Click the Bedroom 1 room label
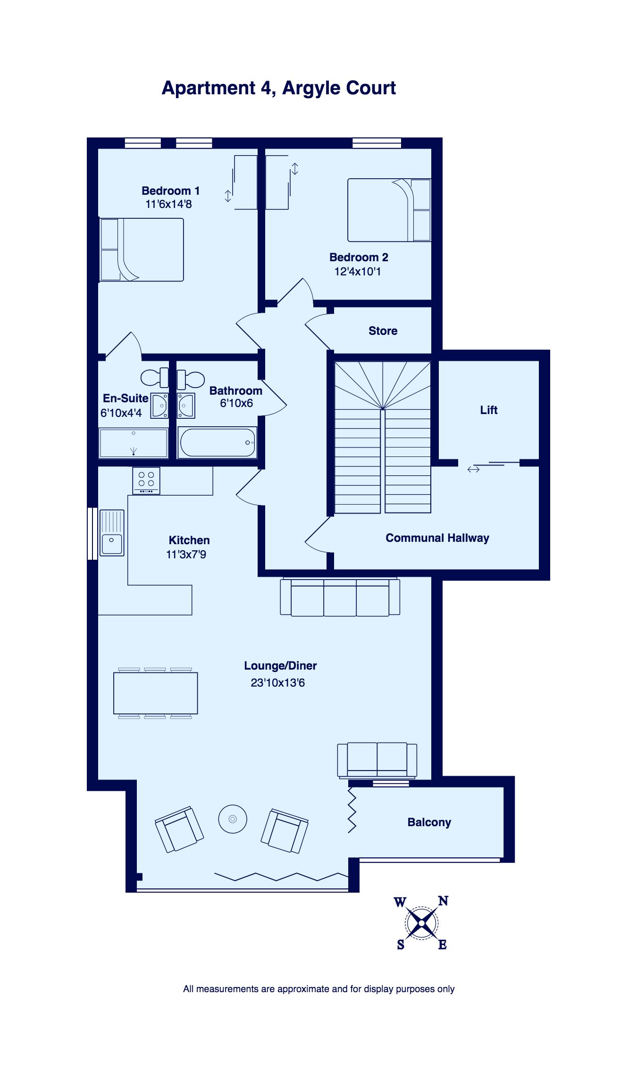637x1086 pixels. click(170, 191)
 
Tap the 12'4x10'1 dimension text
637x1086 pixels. click(357, 272)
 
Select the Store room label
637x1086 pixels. click(383, 331)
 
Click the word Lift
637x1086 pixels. click(489, 410)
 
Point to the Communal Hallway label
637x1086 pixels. click(437, 538)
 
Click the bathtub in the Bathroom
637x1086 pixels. click(218, 442)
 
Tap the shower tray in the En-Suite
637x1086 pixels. click(134, 443)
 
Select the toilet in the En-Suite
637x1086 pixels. click(154, 377)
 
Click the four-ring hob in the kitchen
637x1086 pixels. click(146, 480)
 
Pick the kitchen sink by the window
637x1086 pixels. click(112, 533)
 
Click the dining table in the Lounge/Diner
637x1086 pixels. click(155, 693)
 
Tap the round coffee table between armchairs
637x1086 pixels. click(233, 819)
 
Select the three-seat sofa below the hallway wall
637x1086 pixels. click(340, 597)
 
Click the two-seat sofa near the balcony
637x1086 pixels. click(377, 760)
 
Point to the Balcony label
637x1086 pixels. click(429, 822)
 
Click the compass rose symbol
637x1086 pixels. click(421, 923)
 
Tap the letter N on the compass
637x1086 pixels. click(443, 901)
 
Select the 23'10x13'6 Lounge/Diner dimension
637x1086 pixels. click(277, 683)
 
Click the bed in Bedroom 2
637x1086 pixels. click(389, 210)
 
